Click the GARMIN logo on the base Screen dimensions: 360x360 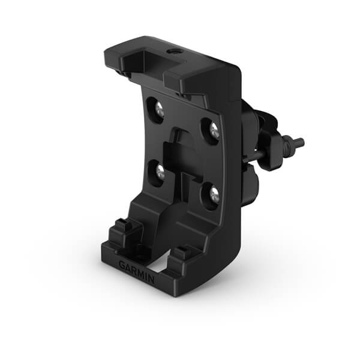pyautogui.click(x=136, y=271)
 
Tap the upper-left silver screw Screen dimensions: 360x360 pyautogui.click(x=159, y=110)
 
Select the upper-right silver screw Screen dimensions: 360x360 pyautogui.click(x=213, y=130)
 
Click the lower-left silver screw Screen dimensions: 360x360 pyautogui.click(x=160, y=172)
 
